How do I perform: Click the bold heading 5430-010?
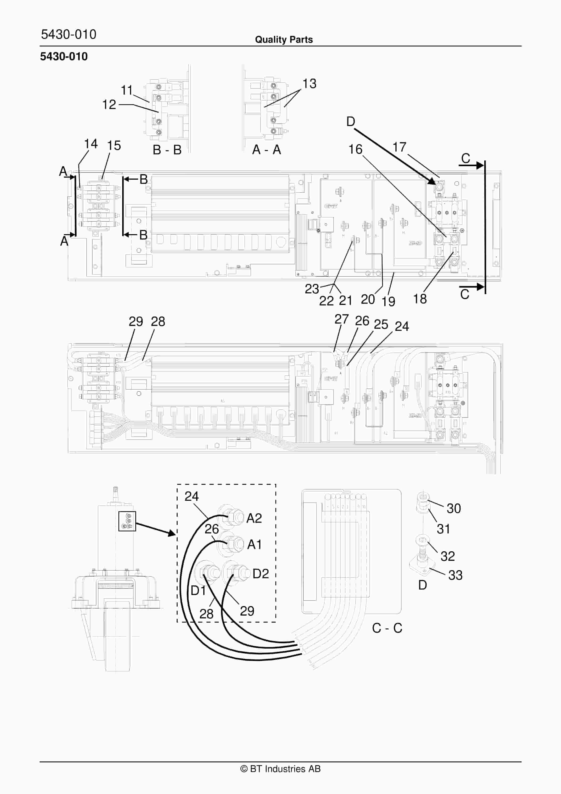(x=64, y=56)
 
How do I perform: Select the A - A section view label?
(x=266, y=150)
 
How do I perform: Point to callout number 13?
(x=309, y=84)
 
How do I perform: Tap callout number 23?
(x=312, y=289)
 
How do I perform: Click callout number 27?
(x=341, y=319)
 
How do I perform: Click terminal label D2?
(x=260, y=574)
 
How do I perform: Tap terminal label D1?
(x=198, y=590)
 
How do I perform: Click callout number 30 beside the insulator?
(x=454, y=508)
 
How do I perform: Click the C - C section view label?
(x=387, y=628)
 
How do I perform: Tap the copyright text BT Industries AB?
(x=280, y=769)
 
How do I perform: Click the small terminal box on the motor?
(x=127, y=521)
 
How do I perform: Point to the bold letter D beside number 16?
(x=351, y=122)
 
